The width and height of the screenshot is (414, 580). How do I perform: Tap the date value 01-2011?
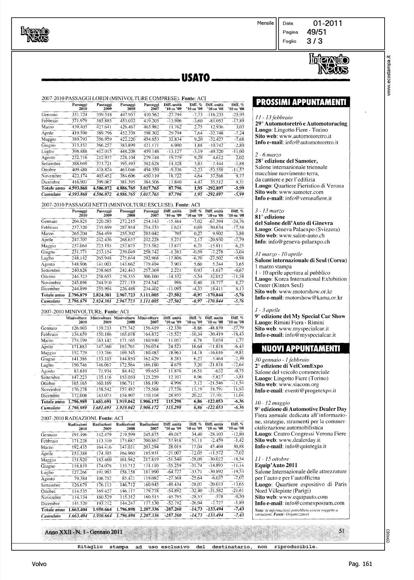(x=328, y=24)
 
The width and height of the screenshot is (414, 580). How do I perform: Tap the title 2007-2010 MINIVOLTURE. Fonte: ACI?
(x=85, y=311)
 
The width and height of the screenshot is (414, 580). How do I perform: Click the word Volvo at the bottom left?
(x=39, y=564)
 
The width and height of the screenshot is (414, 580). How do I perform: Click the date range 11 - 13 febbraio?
(x=274, y=117)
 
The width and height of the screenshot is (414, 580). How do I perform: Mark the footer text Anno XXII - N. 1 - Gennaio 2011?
(x=84, y=532)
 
